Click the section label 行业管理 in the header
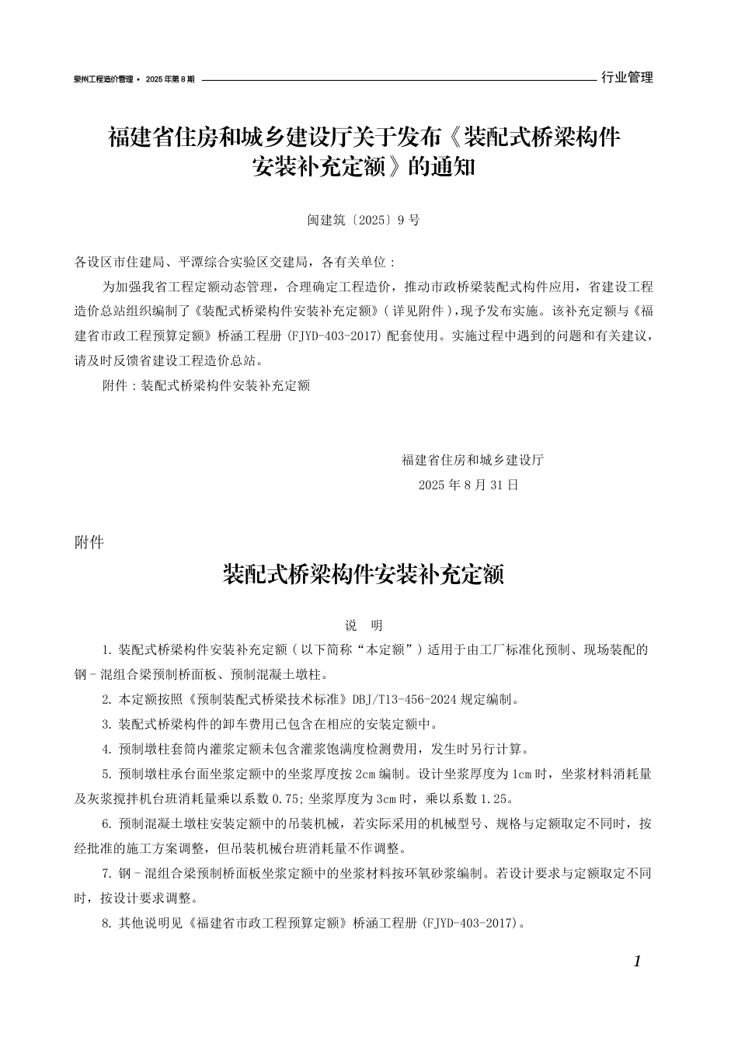point(627,78)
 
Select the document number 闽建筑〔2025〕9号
point(363,220)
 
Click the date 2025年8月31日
point(468,485)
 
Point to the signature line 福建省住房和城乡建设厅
point(472,459)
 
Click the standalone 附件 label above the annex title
point(89,543)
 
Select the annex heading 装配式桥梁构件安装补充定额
point(364,576)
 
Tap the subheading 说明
point(364,625)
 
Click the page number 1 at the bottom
point(637,962)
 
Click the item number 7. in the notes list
point(108,873)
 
